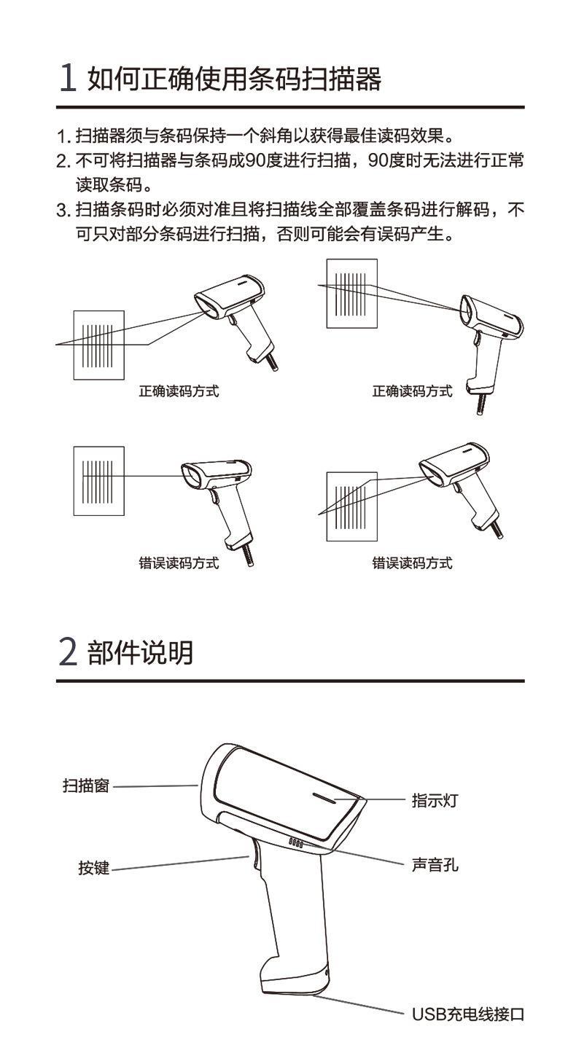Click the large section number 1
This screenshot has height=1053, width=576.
(68, 77)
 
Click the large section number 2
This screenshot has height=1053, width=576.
(69, 651)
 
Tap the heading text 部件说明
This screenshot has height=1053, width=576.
(140, 652)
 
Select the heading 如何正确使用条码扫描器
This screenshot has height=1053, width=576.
(234, 78)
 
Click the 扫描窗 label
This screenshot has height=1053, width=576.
(86, 785)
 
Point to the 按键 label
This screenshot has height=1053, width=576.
(94, 867)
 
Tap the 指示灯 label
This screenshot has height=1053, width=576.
(435, 800)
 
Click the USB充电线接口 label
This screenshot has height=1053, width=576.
(468, 1014)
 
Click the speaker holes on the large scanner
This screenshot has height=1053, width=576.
(296, 843)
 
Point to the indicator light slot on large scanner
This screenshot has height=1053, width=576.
(324, 797)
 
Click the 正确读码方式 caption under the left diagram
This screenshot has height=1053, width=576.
(179, 391)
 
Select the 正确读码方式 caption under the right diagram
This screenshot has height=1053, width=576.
(412, 391)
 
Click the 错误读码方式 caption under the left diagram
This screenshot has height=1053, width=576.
(179, 563)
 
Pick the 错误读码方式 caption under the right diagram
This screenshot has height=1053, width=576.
(412, 563)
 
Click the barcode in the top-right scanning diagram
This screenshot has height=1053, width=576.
(350, 294)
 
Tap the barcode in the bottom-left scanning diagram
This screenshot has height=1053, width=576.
(98, 481)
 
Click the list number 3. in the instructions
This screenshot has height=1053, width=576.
(64, 210)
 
